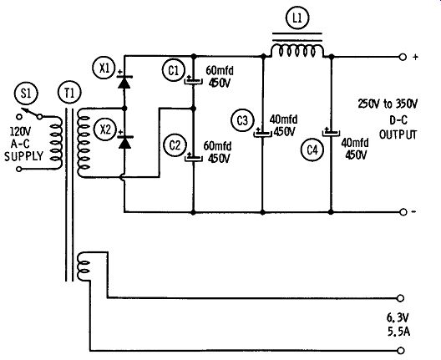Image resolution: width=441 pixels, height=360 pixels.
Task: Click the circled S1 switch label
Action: tap(26, 94)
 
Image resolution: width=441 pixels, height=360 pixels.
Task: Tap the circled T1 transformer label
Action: tap(69, 93)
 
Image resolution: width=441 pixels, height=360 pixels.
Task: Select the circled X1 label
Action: tap(104, 68)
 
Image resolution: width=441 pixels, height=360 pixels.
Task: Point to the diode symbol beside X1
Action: tap(124, 82)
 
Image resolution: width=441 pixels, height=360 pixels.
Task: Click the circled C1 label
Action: tap(174, 70)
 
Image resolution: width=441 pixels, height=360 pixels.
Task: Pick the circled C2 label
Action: tap(175, 145)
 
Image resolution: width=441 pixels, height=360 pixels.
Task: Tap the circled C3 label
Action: tap(242, 120)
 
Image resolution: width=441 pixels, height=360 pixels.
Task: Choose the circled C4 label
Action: tap(312, 150)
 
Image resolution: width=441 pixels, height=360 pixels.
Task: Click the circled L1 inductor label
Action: tap(297, 18)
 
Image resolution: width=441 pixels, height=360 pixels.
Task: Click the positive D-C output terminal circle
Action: tap(403, 57)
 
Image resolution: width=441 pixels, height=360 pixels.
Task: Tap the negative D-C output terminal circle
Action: tap(403, 212)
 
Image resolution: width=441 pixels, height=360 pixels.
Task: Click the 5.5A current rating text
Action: tap(398, 332)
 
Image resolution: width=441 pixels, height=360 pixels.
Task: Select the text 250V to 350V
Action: tap(388, 104)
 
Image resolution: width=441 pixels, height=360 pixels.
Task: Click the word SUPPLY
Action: tap(24, 156)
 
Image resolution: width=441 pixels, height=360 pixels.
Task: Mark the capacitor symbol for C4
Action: tap(331, 132)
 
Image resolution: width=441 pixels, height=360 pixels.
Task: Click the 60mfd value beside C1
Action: tap(220, 71)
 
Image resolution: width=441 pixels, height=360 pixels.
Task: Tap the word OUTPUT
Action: tap(398, 134)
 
